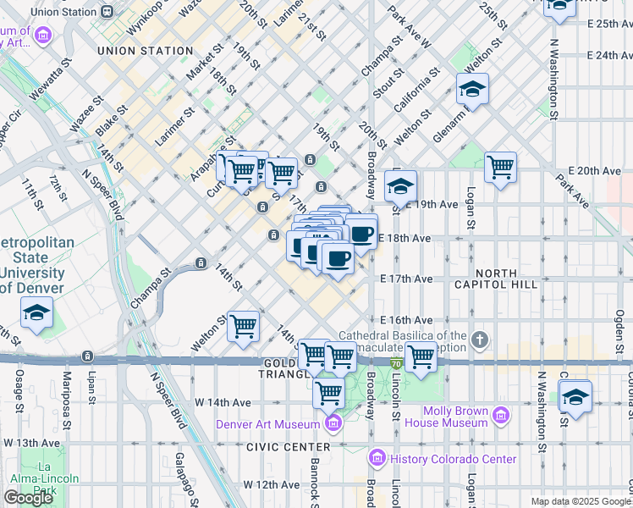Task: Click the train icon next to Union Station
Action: click(x=107, y=11)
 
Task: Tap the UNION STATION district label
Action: click(x=146, y=51)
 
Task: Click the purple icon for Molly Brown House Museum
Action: click(x=501, y=415)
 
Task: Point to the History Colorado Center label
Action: click(x=453, y=459)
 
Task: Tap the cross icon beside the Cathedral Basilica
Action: click(x=480, y=340)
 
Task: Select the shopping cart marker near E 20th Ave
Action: click(x=501, y=167)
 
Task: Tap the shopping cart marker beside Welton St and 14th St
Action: click(x=244, y=325)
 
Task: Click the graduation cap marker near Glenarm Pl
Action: click(x=472, y=88)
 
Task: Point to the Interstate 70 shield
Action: click(x=395, y=363)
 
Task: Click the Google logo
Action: click(x=28, y=498)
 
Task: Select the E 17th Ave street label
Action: click(x=407, y=279)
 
